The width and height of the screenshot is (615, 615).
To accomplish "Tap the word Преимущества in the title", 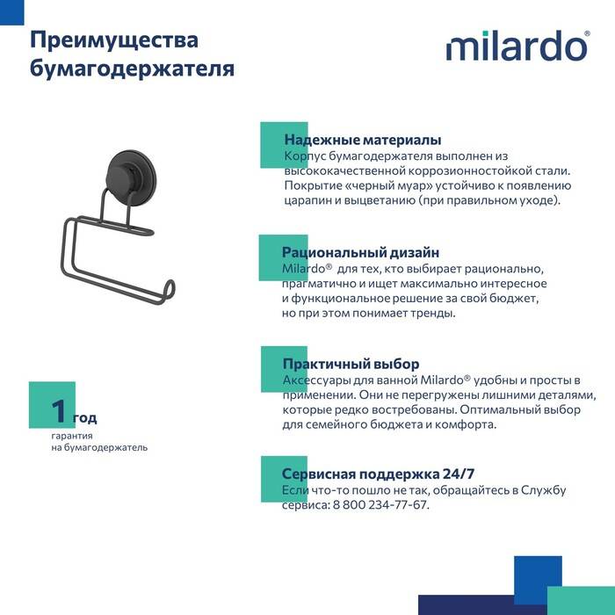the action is [114, 40].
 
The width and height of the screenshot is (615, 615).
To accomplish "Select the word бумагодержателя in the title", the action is [132, 69].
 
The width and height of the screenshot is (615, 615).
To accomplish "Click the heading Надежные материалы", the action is [363, 140].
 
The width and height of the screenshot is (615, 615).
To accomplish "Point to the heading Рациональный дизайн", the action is [360, 252].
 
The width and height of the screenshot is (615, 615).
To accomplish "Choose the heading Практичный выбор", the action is [351, 364].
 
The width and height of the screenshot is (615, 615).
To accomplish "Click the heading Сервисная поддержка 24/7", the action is [378, 474].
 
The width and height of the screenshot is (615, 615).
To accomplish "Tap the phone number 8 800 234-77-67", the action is [380, 505].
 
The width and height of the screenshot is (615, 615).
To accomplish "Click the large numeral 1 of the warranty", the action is [59, 411].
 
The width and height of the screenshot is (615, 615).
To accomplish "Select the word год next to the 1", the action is [84, 418].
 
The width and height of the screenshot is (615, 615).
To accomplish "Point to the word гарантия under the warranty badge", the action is [72, 436].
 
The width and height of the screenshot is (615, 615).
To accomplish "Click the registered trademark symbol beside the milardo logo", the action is [587, 34].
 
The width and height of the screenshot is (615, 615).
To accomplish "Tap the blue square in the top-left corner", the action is [11, 12].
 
